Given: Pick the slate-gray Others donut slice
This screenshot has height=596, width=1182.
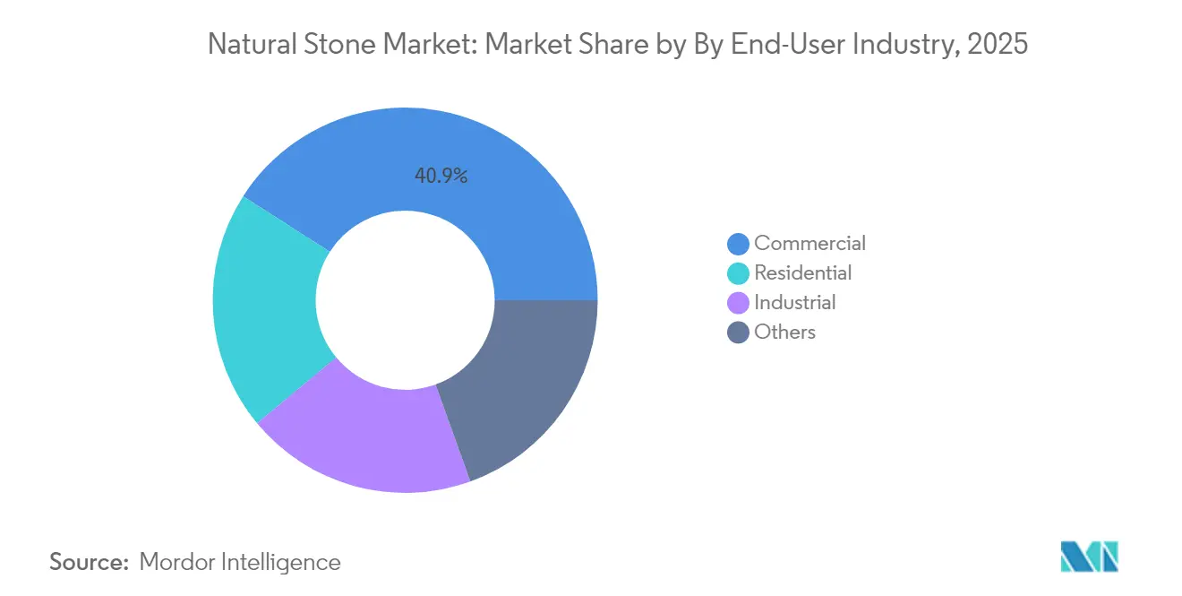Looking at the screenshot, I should tap(519, 385).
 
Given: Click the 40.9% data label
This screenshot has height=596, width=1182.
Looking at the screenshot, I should tap(441, 177).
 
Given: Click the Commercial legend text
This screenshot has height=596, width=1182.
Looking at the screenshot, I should tap(809, 243).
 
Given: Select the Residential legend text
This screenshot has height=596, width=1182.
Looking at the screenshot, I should tap(802, 272).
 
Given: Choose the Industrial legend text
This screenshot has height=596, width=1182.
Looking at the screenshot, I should tap(794, 302).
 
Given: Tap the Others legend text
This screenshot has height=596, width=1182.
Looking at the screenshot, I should tap(784, 332).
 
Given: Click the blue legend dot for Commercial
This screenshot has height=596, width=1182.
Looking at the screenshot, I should tap(739, 244).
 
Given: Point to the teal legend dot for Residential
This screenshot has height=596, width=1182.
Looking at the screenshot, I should tap(739, 273).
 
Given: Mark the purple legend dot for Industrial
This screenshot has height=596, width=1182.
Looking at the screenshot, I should tap(739, 303).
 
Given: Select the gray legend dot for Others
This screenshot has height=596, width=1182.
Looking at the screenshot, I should tap(739, 333).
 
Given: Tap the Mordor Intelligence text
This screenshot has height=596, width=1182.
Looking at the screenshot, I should tap(240, 562).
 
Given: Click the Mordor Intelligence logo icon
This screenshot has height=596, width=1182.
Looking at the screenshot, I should tap(1088, 557).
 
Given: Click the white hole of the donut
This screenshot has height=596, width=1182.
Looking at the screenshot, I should tap(405, 300).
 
